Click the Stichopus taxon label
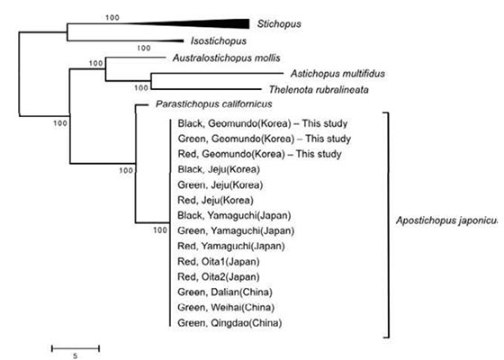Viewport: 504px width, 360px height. pyautogui.click(x=279, y=24)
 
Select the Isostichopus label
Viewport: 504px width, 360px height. pyautogui.click(x=219, y=41)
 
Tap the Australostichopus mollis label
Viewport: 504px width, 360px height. pyautogui.click(x=227, y=58)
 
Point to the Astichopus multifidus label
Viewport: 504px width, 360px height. pyautogui.click(x=337, y=74)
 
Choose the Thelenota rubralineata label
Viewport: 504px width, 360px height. pyautogui.click(x=319, y=89)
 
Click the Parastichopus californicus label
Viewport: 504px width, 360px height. pyautogui.click(x=214, y=104)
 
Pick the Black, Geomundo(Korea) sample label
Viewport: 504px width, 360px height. pyautogui.click(x=235, y=123)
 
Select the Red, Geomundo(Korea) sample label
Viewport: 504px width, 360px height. pyautogui.click(x=231, y=154)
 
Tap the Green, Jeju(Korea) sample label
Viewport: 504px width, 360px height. pyautogui.click(x=220, y=184)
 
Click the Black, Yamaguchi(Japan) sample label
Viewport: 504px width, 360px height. pyautogui.click(x=234, y=215)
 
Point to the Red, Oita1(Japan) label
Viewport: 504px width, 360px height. pyautogui.click(x=219, y=261)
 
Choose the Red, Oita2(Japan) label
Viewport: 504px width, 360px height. pyautogui.click(x=219, y=277)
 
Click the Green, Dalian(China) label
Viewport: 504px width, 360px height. pyautogui.click(x=225, y=292)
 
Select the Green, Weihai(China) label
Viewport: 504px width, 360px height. pyautogui.click(x=226, y=307)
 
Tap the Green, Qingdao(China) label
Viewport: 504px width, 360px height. pyautogui.click(x=229, y=323)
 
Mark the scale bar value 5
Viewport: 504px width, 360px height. pyautogui.click(x=76, y=355)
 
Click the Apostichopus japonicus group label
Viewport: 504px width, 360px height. pyautogui.click(x=447, y=220)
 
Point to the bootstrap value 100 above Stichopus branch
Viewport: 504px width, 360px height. pyautogui.click(x=112, y=18)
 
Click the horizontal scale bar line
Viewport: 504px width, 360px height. pyautogui.click(x=76, y=348)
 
